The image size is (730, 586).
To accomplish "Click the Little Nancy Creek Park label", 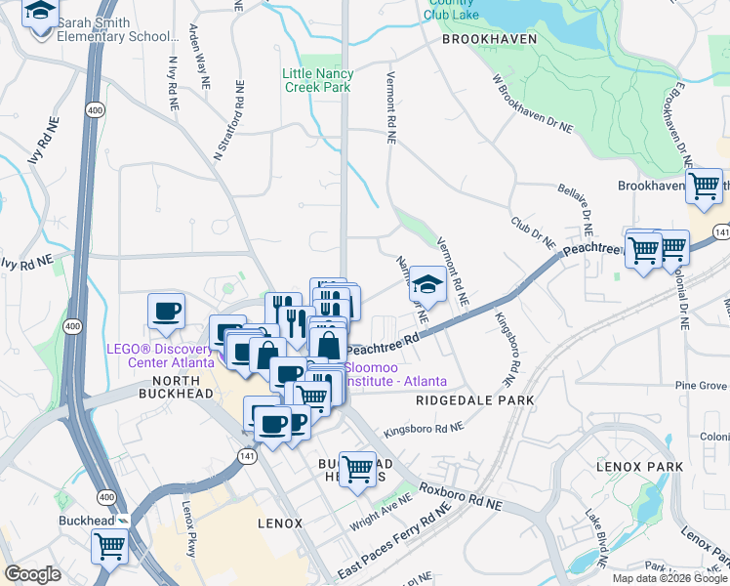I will click(316, 80).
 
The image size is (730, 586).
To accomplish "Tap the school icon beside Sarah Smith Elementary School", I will click(41, 15).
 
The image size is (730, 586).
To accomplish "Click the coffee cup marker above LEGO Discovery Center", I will click(166, 313).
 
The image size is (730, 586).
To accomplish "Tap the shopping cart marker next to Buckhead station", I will click(109, 545).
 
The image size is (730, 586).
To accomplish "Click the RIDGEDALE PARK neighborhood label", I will click(474, 400).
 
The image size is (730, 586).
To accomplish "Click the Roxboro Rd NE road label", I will click(460, 497).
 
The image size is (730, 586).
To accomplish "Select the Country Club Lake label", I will click(451, 10).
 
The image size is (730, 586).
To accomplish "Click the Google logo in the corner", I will click(32, 574).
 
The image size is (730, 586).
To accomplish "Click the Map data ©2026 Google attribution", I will click(669, 578).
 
